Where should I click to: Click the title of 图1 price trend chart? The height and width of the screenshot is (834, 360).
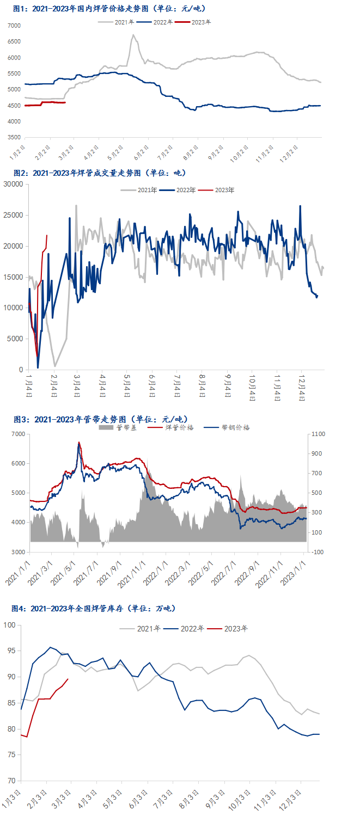point(109,9)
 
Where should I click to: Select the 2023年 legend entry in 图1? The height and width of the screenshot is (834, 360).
point(202,22)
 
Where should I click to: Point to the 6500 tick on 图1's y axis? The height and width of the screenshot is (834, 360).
point(14,42)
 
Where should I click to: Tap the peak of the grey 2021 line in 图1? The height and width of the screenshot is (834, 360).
point(133,35)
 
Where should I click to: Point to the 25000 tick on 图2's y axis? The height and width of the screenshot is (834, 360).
point(13,216)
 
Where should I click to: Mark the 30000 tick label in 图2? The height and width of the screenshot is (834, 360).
point(13,185)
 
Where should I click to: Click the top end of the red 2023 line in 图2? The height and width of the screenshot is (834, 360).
point(47,236)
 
